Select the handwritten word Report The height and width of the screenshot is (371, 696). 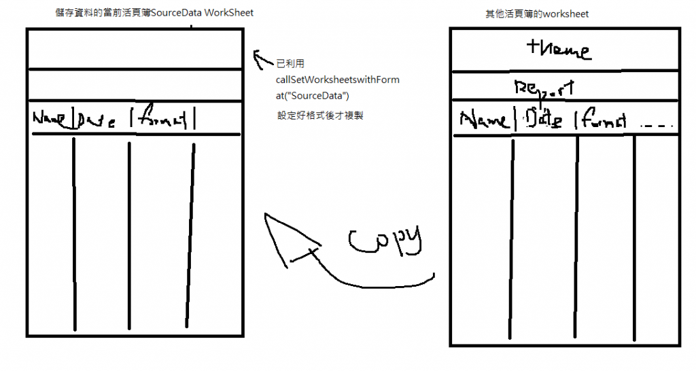point(545,88)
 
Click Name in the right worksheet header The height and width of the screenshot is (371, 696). point(484,120)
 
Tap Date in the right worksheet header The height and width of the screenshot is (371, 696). point(544,119)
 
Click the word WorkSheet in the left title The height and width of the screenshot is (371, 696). point(229,13)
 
